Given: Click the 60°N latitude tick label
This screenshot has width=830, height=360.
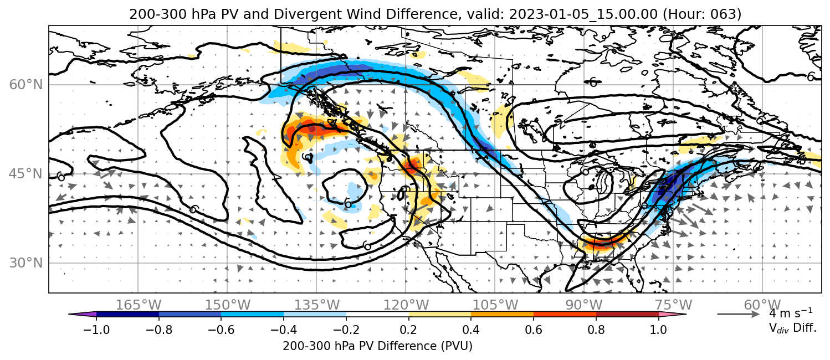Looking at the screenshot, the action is [x=26, y=85].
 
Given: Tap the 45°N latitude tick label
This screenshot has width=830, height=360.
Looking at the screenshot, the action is [x=26, y=174].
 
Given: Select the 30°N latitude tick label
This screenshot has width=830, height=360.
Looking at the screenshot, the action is [x=26, y=263].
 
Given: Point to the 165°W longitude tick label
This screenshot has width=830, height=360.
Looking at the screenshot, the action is [x=138, y=305].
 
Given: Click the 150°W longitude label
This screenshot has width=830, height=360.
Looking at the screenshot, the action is [x=228, y=305].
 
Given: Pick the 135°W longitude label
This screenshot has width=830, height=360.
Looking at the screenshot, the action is [x=317, y=305].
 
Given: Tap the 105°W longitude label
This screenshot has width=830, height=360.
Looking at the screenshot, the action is [x=495, y=305].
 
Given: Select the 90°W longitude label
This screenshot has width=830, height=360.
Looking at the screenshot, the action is [x=584, y=305].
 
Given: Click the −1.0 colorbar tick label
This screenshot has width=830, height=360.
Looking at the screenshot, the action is [x=96, y=330].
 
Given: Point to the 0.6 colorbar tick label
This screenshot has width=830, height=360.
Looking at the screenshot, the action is [x=534, y=330].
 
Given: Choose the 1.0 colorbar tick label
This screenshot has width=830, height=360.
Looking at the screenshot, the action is [x=658, y=330].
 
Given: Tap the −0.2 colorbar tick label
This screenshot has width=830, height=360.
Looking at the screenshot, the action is [x=346, y=330].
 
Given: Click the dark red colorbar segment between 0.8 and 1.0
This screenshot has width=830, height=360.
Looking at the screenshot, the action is [x=627, y=315].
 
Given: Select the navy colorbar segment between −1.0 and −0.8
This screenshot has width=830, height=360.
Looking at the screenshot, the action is [x=128, y=315].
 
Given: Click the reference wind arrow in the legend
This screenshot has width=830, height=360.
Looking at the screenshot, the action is [x=739, y=314].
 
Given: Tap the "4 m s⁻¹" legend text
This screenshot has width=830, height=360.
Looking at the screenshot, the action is [x=791, y=313].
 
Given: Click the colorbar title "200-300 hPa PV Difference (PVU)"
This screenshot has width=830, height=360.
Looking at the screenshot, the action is [x=377, y=346].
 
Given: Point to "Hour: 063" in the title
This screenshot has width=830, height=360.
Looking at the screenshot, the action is [x=701, y=14].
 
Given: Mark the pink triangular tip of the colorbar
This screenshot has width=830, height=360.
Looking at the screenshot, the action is [x=672, y=315].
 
